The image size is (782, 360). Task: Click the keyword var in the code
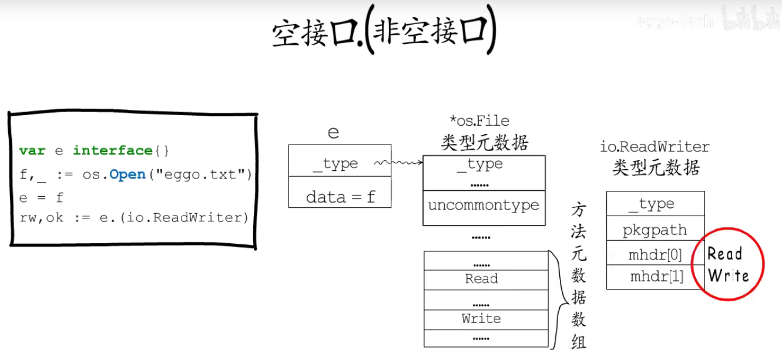(32, 151)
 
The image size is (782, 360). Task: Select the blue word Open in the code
(127, 174)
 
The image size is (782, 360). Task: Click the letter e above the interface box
(333, 132)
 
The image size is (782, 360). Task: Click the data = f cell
(340, 196)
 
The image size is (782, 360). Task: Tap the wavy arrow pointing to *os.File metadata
(400, 162)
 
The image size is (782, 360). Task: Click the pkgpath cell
(655, 229)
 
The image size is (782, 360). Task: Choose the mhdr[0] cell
(655, 254)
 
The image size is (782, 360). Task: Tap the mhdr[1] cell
(655, 277)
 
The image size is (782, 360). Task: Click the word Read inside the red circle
(724, 254)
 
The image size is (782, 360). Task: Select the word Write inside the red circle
(728, 275)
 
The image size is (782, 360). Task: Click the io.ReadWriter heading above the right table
(655, 146)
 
